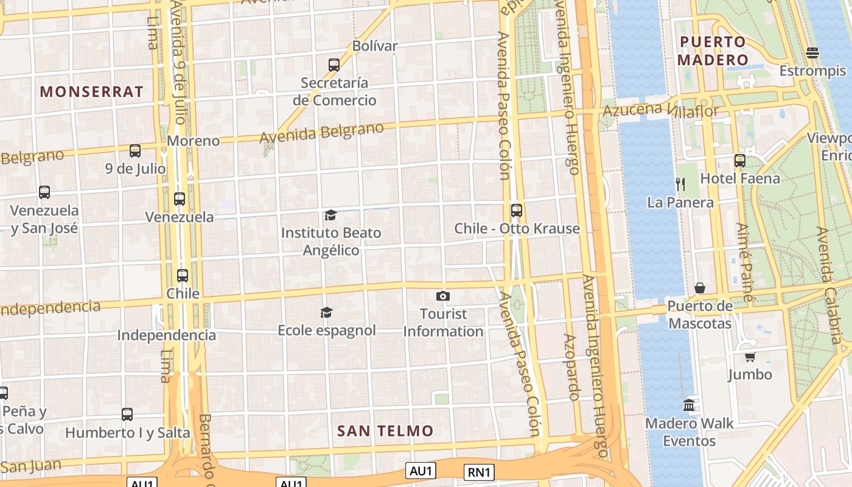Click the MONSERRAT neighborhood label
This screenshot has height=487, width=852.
point(92,92)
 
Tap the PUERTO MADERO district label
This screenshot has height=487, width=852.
point(712,51)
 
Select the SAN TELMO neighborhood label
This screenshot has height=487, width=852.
point(385,431)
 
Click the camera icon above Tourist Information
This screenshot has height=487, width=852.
point(443,296)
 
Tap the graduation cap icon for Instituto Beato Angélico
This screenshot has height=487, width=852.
point(330,215)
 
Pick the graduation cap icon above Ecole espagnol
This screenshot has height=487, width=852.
point(327,312)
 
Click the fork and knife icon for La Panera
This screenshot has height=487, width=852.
point(680,184)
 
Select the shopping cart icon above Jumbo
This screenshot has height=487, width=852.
point(750,357)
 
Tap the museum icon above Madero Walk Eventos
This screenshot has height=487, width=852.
point(689,405)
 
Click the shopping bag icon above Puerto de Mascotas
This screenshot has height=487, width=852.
point(700,288)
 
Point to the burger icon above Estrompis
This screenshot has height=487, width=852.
point(812,53)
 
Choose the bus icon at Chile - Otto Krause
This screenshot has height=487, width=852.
point(517,211)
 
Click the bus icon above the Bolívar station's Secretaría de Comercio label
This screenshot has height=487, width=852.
point(334,65)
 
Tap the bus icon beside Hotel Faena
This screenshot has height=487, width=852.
point(740,161)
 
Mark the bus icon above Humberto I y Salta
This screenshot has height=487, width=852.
point(127,415)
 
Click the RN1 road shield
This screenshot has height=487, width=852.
point(479,472)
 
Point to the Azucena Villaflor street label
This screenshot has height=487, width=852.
point(660,110)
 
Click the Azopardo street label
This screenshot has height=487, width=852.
point(570,366)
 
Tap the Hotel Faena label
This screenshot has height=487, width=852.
point(740,178)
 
